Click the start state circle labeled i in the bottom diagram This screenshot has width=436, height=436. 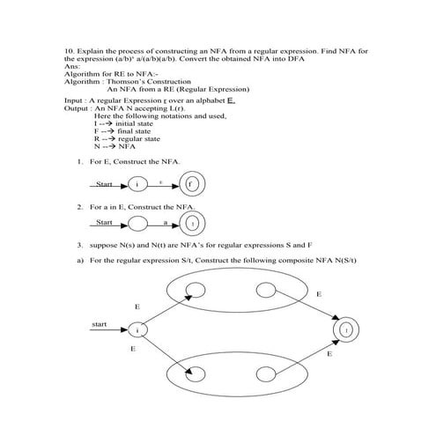137,329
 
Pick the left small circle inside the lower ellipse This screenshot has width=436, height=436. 196,377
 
